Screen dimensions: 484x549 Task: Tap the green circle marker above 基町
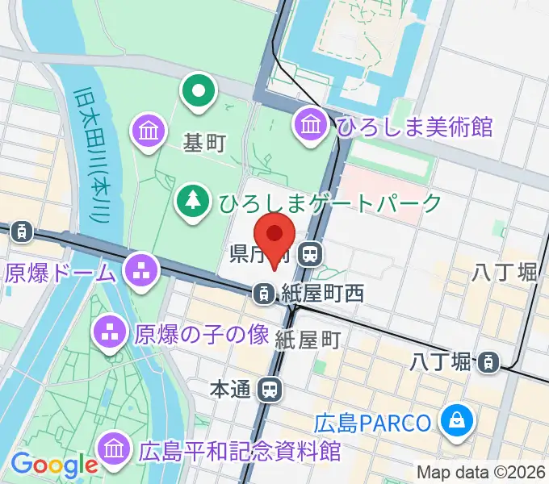[x=197, y=91]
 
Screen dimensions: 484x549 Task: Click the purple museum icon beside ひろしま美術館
[x=311, y=125]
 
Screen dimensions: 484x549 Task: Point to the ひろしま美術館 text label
[x=415, y=127]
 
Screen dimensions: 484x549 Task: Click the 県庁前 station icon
[x=308, y=256]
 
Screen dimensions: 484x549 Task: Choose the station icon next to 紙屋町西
[x=263, y=294]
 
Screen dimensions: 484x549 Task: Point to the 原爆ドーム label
[x=61, y=273]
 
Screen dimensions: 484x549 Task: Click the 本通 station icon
[x=270, y=390]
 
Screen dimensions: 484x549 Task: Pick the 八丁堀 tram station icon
[x=488, y=363]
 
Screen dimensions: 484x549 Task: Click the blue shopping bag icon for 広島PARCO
[x=456, y=420]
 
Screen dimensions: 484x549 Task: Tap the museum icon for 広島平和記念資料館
[x=114, y=449]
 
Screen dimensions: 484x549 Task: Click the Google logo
[x=53, y=465]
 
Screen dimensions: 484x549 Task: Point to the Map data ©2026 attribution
[x=481, y=471]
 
